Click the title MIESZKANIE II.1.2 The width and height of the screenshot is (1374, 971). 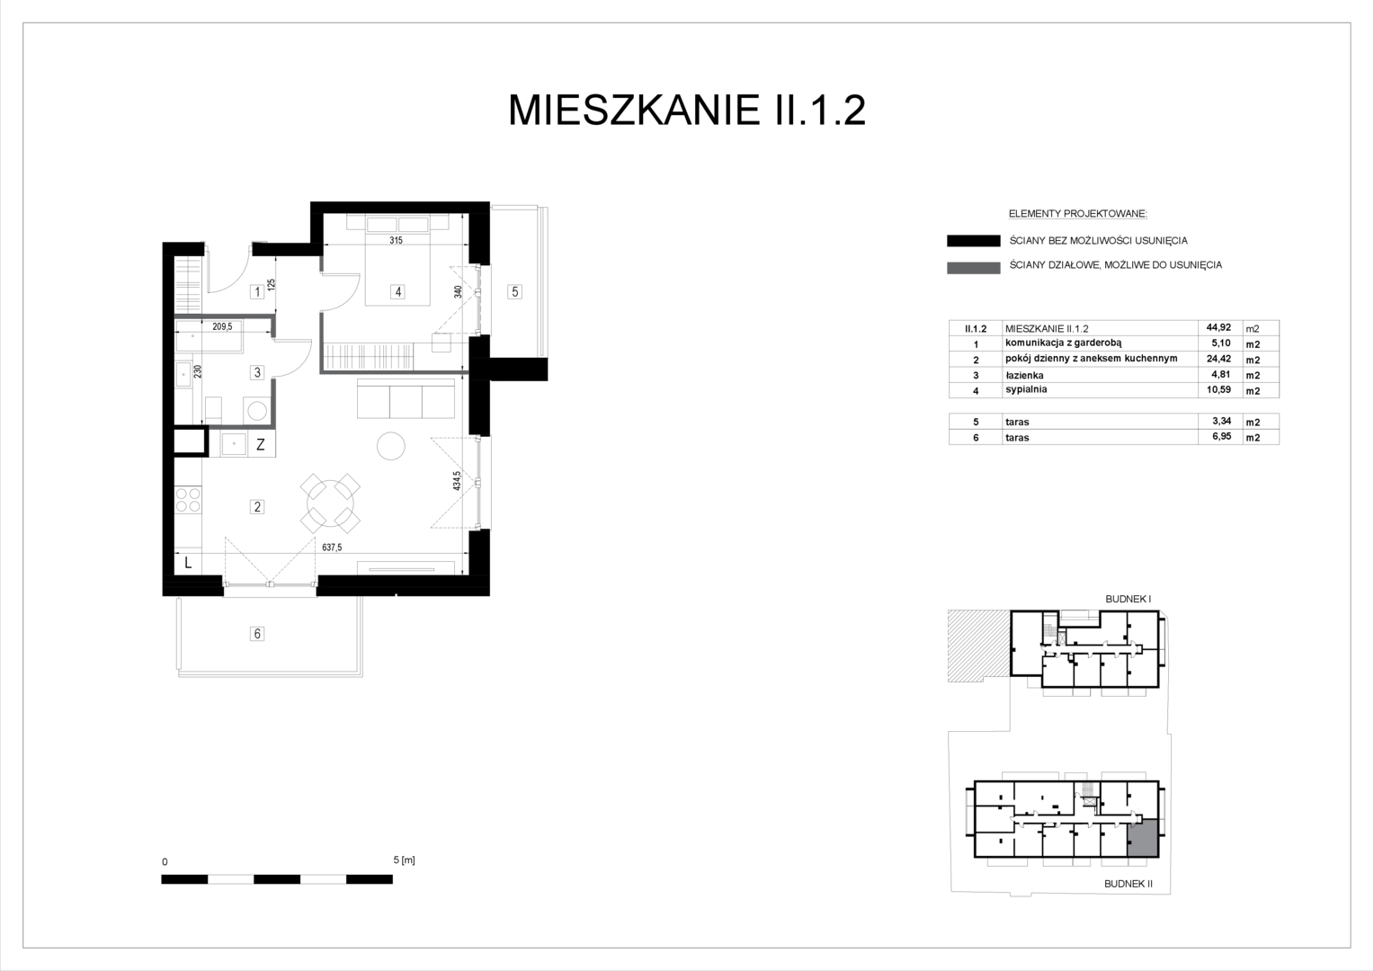tap(686, 111)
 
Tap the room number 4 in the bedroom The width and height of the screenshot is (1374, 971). tap(398, 292)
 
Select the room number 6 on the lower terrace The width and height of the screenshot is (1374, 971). tap(257, 634)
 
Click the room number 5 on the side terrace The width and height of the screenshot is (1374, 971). tap(514, 292)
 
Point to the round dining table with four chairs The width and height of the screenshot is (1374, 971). tap(330, 503)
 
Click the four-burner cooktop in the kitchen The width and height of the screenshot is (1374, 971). tap(188, 499)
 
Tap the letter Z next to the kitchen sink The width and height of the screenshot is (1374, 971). tap(261, 445)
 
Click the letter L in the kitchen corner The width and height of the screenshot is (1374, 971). tap(188, 562)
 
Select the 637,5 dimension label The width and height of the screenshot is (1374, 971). tap(332, 548)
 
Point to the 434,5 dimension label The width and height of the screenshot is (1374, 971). tap(457, 480)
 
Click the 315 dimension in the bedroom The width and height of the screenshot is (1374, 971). tap(397, 240)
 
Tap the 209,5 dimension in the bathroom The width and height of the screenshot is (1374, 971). tap(223, 327)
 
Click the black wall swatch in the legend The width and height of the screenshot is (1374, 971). tap(974, 240)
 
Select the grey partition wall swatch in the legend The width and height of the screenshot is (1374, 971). tap(974, 268)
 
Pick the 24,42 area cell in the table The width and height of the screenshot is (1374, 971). tap(1218, 359)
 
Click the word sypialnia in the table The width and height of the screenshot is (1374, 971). tap(1026, 389)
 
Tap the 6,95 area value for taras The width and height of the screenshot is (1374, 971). tap(1220, 436)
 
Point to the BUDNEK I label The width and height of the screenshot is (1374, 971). tap(1128, 600)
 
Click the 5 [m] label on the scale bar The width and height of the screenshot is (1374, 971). tap(405, 860)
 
